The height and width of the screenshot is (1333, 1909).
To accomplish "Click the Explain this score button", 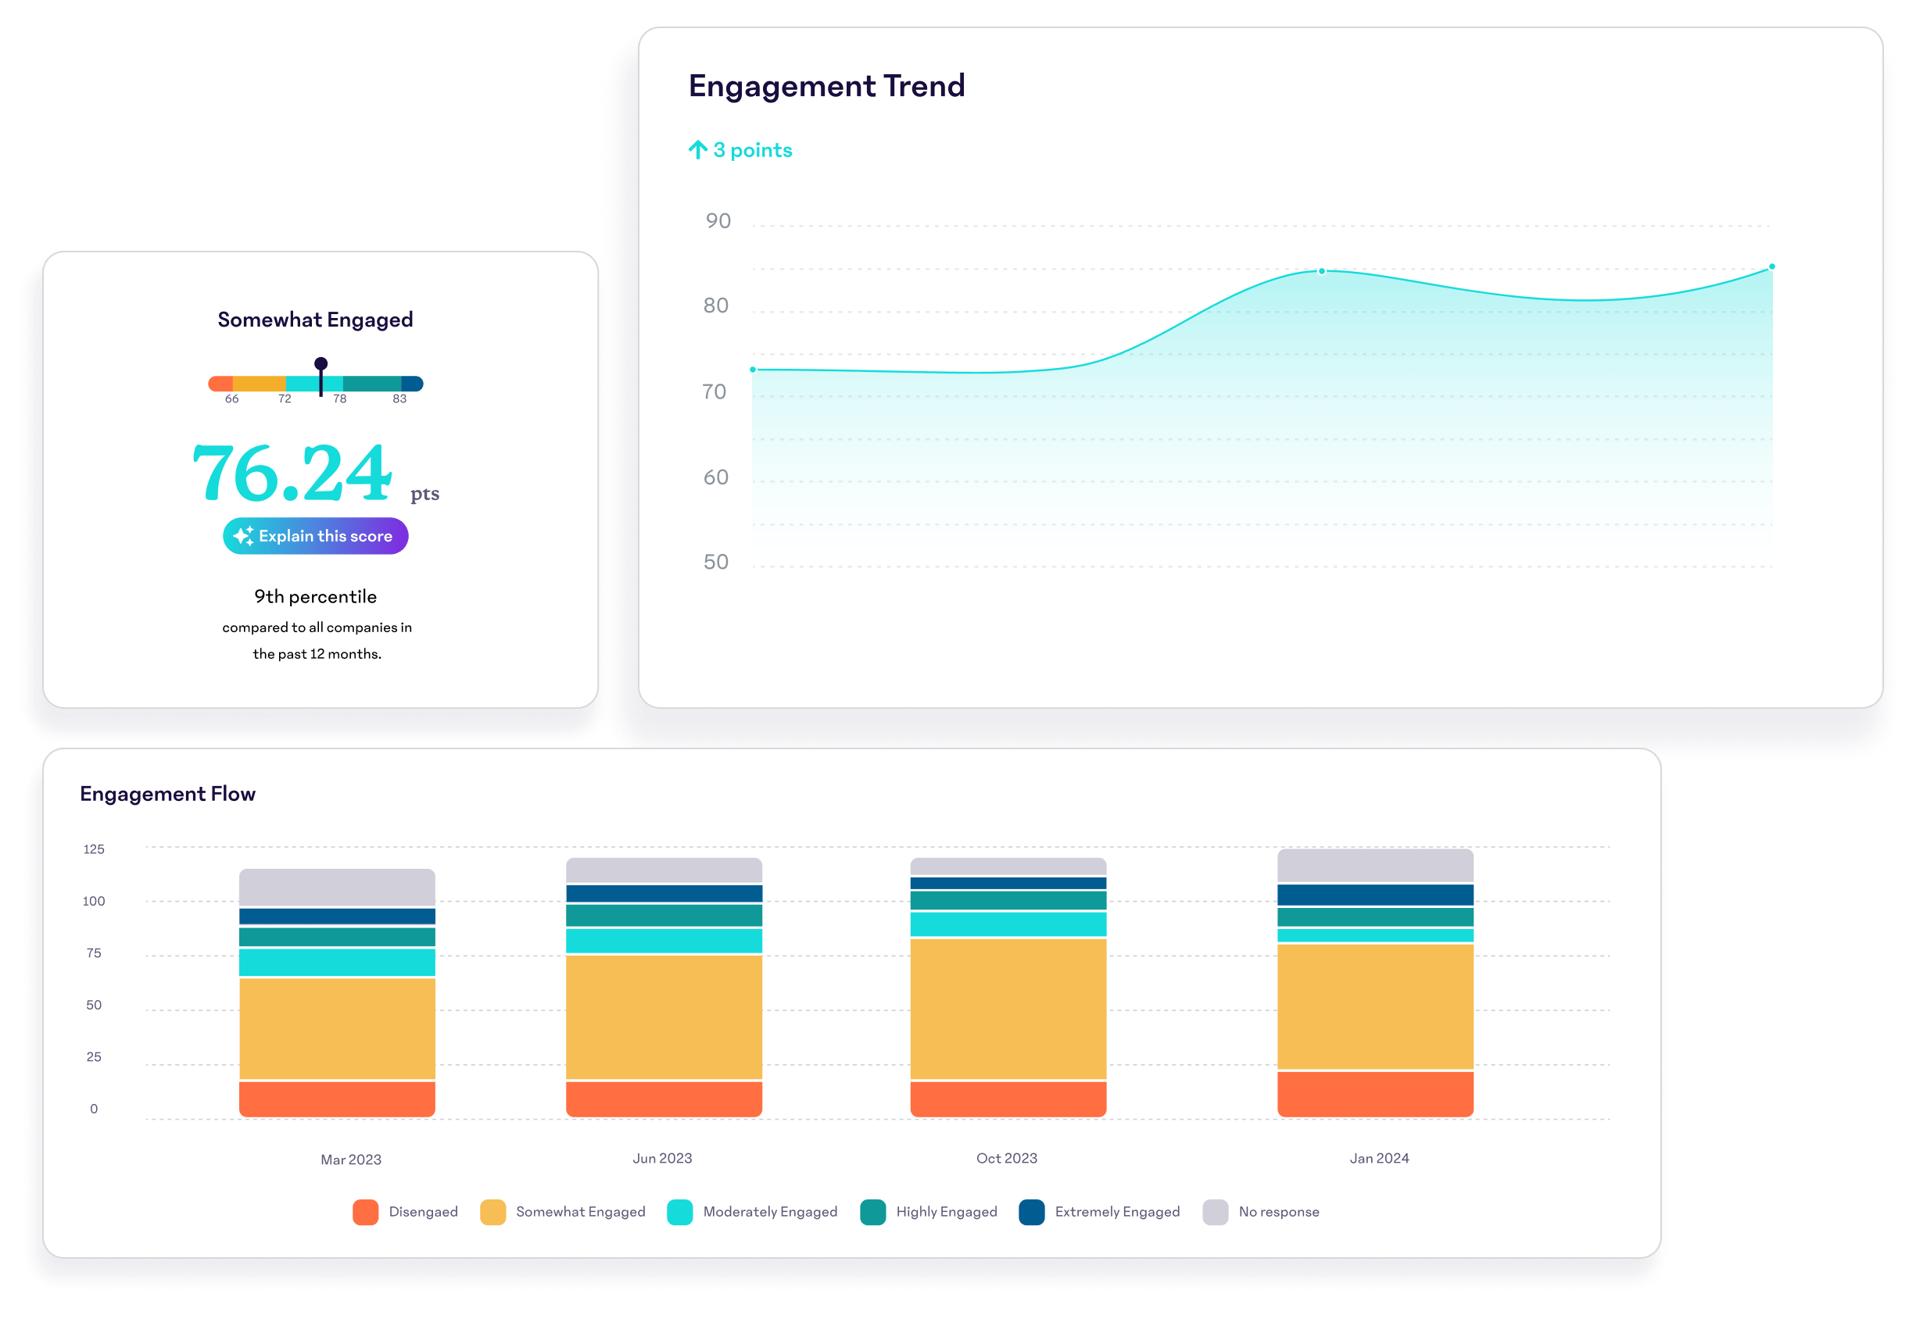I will [x=315, y=536].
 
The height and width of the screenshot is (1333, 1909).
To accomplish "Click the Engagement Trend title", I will [x=826, y=87].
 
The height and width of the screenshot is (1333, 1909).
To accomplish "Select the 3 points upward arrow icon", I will [x=697, y=151].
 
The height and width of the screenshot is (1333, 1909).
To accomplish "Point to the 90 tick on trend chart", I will [x=718, y=221].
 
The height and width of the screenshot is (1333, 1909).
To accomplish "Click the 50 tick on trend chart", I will [x=715, y=563].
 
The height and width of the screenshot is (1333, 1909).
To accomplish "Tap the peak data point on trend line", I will [x=1321, y=271].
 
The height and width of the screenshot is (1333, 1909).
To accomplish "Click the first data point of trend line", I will [x=754, y=370].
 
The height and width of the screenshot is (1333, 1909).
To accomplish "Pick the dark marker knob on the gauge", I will [x=321, y=364].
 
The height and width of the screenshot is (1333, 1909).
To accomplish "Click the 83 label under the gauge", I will [x=399, y=399].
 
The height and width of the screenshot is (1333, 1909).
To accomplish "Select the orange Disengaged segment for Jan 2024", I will [x=1374, y=1094].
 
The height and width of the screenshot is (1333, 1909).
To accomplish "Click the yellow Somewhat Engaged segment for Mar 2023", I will [x=337, y=1028].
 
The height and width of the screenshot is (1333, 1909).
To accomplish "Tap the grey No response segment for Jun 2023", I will [x=664, y=870].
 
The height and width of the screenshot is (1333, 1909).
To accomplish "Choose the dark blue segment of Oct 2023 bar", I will [x=1008, y=884].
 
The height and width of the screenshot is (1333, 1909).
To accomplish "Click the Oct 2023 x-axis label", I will [x=1006, y=1159].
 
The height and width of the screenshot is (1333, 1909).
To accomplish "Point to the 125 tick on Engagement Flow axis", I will [x=94, y=849].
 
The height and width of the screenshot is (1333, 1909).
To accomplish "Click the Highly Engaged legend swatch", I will [x=872, y=1213].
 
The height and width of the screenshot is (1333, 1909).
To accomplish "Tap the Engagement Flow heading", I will [x=168, y=795].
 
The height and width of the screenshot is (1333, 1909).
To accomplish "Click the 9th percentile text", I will [x=315, y=597].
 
